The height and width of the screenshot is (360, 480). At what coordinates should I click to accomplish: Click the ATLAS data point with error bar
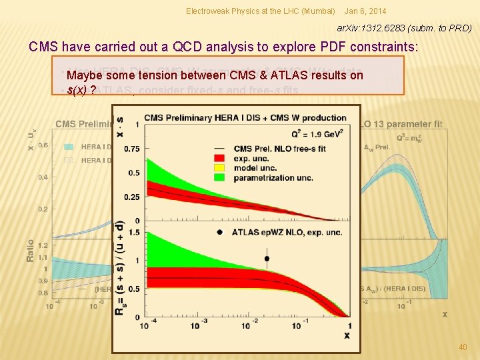coord(267,258)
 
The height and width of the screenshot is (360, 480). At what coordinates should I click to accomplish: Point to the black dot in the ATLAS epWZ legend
coord(220,231)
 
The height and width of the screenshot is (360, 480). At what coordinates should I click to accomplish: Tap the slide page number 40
coord(463,347)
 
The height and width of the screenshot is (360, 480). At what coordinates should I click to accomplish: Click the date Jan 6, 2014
coord(365,11)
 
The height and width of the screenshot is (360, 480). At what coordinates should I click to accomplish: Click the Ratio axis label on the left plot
coord(31,250)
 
